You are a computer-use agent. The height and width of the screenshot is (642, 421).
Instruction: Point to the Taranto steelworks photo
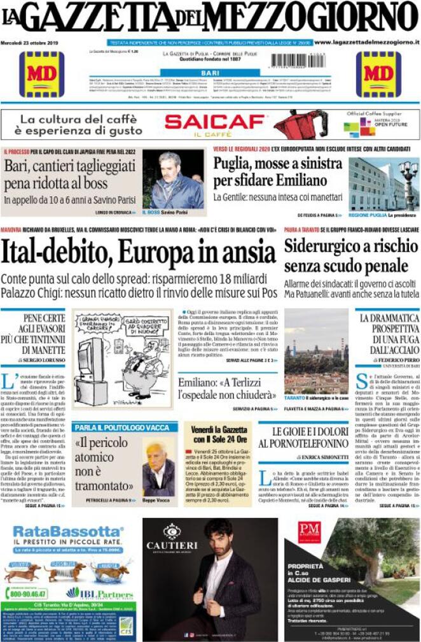316,352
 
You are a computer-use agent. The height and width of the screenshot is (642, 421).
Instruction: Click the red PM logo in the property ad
309,532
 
